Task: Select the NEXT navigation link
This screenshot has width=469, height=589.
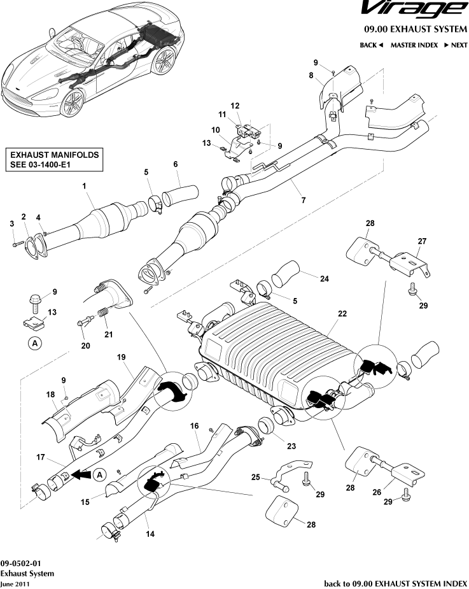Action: (456, 45)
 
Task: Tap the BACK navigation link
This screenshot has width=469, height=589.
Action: (371, 45)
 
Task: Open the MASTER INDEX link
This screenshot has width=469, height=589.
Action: (414, 45)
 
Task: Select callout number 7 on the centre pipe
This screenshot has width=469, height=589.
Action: (303, 200)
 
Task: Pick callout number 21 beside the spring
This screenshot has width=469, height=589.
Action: (108, 335)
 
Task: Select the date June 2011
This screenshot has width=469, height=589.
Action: (15, 583)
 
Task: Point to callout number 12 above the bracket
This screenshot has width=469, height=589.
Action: (235, 106)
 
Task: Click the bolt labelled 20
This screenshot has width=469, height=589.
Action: (83, 323)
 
